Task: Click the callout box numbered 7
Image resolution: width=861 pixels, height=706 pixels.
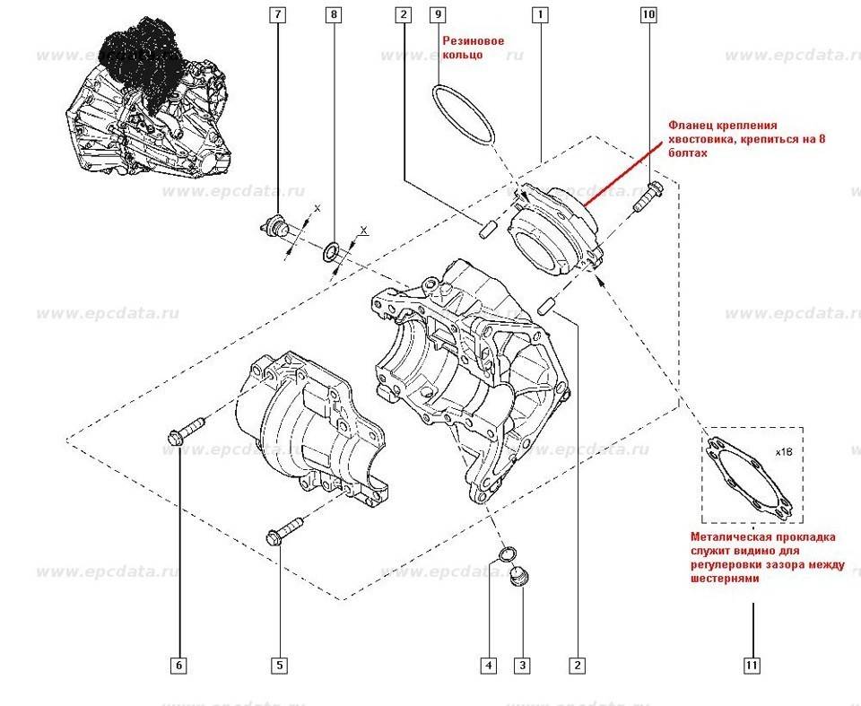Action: click(277, 15)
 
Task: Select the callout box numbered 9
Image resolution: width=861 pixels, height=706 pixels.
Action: click(438, 15)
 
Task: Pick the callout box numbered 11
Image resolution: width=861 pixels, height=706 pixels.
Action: click(752, 665)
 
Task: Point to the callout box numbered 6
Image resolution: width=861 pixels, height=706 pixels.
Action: click(178, 665)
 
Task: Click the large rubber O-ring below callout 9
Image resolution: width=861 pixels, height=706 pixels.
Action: click(463, 114)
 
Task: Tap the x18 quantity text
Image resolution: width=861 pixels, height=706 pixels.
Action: click(784, 453)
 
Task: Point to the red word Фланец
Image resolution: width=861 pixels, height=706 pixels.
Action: click(689, 126)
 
